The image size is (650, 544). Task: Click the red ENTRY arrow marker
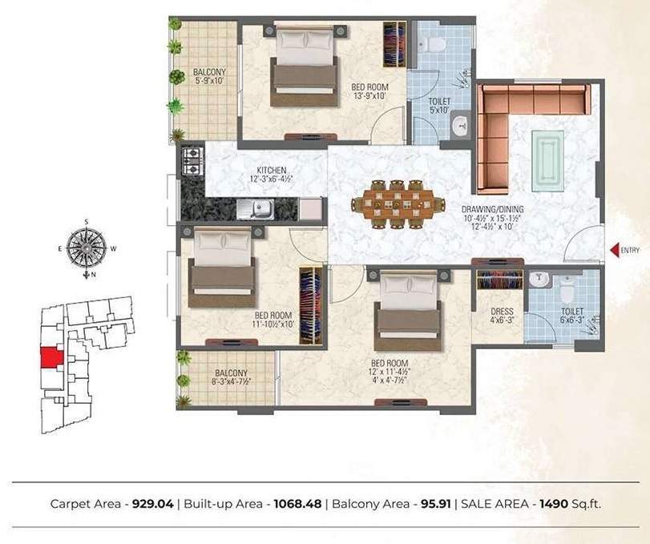point(615,251)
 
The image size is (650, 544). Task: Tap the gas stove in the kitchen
point(191,163)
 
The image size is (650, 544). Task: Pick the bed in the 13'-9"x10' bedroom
point(304,67)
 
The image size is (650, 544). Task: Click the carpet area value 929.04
point(154,504)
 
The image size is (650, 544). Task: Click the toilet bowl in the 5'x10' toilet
point(437,43)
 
